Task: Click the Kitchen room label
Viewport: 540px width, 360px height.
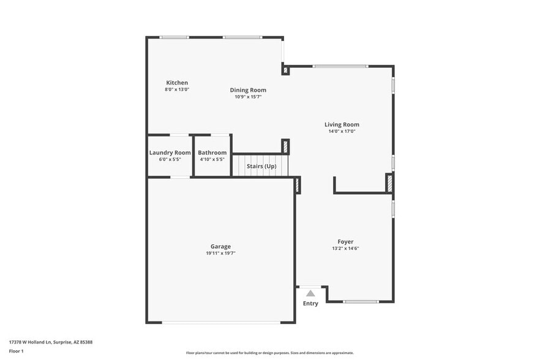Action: [177, 83]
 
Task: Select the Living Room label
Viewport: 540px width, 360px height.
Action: [342, 124]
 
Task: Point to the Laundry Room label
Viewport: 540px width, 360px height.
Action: [170, 152]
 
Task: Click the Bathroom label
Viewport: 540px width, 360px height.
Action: [212, 152]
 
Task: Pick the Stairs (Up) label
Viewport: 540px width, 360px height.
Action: [261, 166]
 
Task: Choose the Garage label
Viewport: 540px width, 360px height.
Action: [221, 246]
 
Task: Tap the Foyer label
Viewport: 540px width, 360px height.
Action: [345, 242]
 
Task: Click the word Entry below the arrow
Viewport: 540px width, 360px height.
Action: [310, 304]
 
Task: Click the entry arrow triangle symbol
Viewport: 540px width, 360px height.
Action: [310, 293]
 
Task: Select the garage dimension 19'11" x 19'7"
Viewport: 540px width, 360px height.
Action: [221, 253]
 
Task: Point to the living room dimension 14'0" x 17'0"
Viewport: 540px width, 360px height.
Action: [342, 131]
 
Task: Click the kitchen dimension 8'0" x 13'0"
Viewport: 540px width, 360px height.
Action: [177, 89]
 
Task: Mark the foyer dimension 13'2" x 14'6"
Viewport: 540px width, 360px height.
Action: [345, 249]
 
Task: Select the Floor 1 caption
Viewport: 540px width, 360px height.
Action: [17, 351]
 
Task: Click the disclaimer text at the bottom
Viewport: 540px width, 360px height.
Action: [269, 353]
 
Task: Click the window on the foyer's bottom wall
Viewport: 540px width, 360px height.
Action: [361, 301]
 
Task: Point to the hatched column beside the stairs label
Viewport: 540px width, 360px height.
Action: [285, 147]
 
